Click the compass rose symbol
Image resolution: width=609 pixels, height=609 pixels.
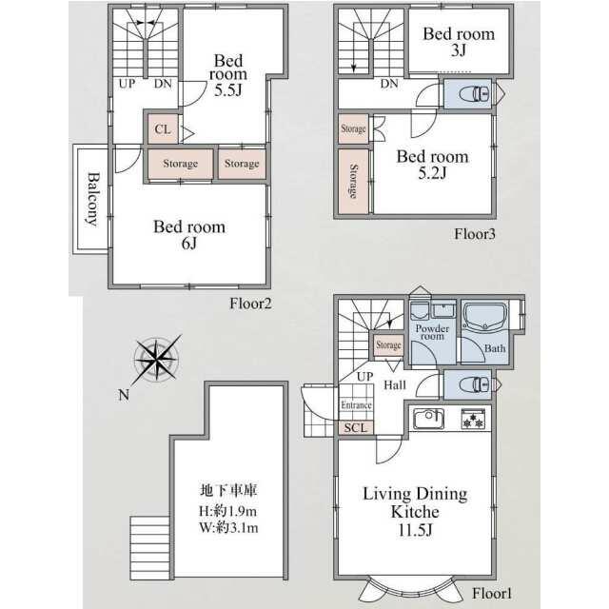click(x=156, y=360)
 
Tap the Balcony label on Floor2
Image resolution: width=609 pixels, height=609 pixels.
click(x=92, y=199)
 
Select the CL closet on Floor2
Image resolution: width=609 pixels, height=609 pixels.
click(x=163, y=129)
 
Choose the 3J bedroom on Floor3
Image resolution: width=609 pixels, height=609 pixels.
click(x=459, y=40)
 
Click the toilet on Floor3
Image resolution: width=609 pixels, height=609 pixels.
click(x=474, y=93)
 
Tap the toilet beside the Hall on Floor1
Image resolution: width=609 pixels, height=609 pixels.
click(x=474, y=384)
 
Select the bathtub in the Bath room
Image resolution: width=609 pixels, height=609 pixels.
click(x=485, y=317)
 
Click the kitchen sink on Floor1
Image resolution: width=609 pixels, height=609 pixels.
click(x=429, y=419)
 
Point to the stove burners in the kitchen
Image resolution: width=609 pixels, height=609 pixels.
click(x=473, y=419)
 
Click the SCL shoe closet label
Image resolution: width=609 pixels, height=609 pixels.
click(x=355, y=427)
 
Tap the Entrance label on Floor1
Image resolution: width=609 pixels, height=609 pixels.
click(x=356, y=405)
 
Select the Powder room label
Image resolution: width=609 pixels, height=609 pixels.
click(x=432, y=332)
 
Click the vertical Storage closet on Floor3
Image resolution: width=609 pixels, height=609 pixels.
click(x=353, y=181)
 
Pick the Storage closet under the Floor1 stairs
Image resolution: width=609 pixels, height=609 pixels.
click(x=388, y=344)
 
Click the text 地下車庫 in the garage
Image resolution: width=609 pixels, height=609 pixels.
click(x=228, y=490)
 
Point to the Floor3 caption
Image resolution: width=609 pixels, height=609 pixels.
click(x=475, y=234)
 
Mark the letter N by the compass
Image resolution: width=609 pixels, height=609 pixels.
click(x=124, y=395)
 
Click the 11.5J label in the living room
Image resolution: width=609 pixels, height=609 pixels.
click(x=415, y=530)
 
